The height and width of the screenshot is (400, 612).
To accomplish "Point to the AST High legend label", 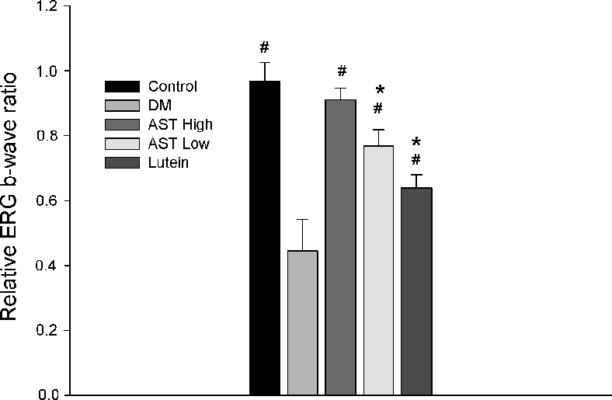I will click(x=179, y=124).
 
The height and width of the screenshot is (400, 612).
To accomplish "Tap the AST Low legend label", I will click(x=178, y=143).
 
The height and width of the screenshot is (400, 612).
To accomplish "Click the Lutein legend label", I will click(x=167, y=162).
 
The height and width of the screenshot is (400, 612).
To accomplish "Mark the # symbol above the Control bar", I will click(x=265, y=48).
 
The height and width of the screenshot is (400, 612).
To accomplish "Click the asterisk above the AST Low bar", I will click(x=379, y=91).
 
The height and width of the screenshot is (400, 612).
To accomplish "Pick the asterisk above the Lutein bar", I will click(x=416, y=143).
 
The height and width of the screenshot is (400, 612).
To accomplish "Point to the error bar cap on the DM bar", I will click(x=302, y=220).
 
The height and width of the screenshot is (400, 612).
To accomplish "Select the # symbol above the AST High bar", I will click(x=341, y=72).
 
